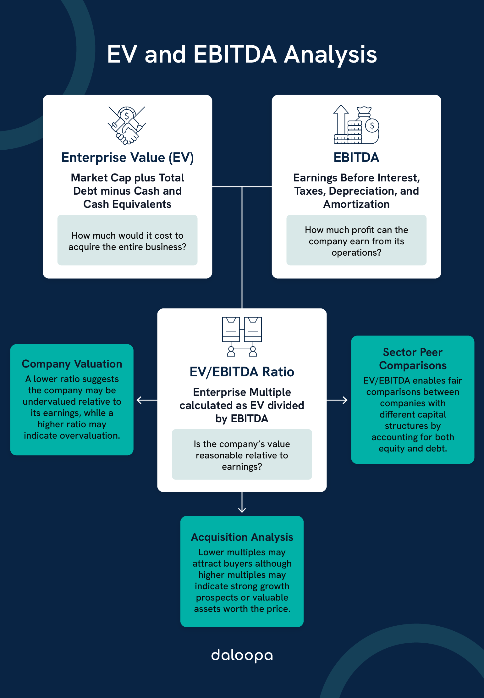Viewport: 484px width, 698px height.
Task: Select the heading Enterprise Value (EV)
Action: click(x=127, y=158)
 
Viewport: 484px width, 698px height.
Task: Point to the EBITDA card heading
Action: click(x=356, y=158)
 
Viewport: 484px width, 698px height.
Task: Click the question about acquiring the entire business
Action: click(x=127, y=241)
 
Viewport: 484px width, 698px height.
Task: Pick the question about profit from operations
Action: click(x=356, y=241)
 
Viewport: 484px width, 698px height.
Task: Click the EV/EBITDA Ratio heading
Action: click(x=242, y=372)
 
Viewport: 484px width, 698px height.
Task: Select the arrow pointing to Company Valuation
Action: click(x=146, y=400)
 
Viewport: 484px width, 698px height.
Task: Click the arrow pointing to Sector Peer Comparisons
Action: click(x=338, y=400)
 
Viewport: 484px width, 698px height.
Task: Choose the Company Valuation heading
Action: click(x=72, y=364)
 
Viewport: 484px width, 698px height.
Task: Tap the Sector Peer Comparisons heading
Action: click(x=412, y=359)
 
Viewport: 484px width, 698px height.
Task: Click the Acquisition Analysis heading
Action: click(x=242, y=537)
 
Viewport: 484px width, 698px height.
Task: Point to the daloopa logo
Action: click(x=242, y=656)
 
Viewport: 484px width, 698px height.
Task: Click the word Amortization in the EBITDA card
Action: click(x=356, y=204)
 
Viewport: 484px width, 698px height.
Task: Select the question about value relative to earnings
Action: click(x=242, y=455)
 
